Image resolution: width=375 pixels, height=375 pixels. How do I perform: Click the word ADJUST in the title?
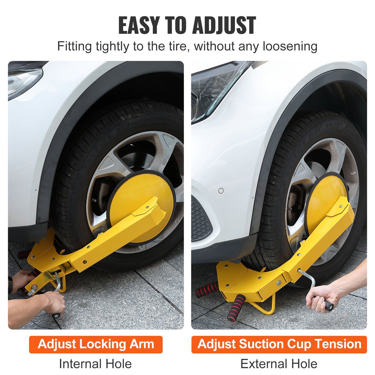coord(224,25)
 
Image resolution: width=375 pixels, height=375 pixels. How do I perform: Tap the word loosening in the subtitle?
coord(290,47)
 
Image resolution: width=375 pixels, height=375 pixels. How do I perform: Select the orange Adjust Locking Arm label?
coord(96,344)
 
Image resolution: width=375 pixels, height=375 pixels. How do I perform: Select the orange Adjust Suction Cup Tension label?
coord(279,344)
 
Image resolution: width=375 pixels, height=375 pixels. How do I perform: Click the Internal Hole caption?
coord(95,364)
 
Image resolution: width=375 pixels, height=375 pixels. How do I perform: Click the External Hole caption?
coord(279,364)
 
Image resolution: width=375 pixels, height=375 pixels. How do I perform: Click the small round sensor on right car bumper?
coord(221,191)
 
